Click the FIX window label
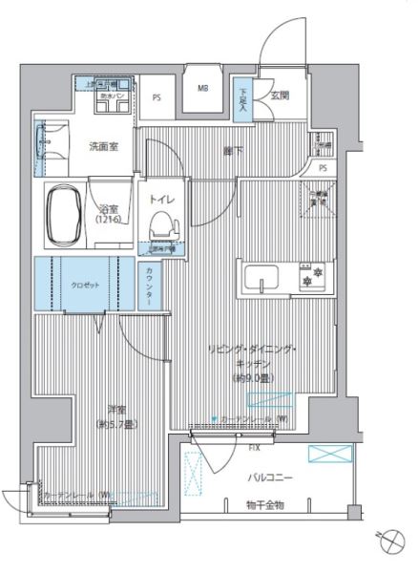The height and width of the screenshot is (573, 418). [254, 445]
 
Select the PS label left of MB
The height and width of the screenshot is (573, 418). [157, 96]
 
